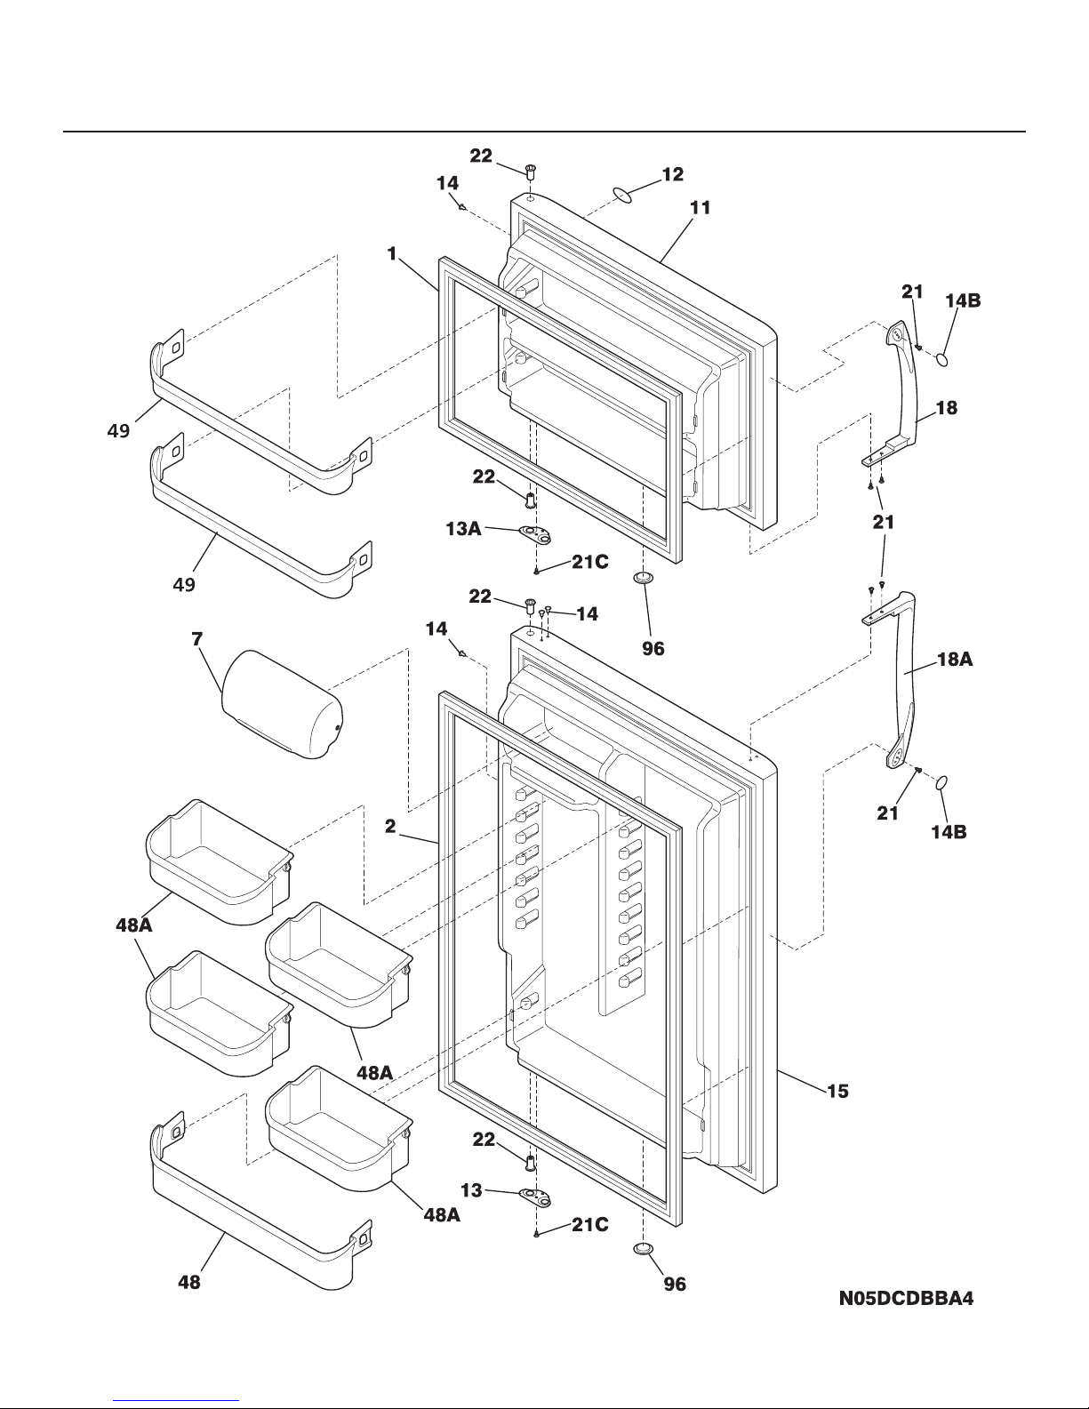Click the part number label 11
pyautogui.click(x=700, y=208)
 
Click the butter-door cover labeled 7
pyautogui.click(x=282, y=704)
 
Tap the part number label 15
pyautogui.click(x=837, y=1091)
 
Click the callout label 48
pyautogui.click(x=189, y=1282)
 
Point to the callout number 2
pyautogui.click(x=390, y=826)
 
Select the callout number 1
pyautogui.click(x=391, y=254)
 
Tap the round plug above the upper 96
pyautogui.click(x=644, y=579)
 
